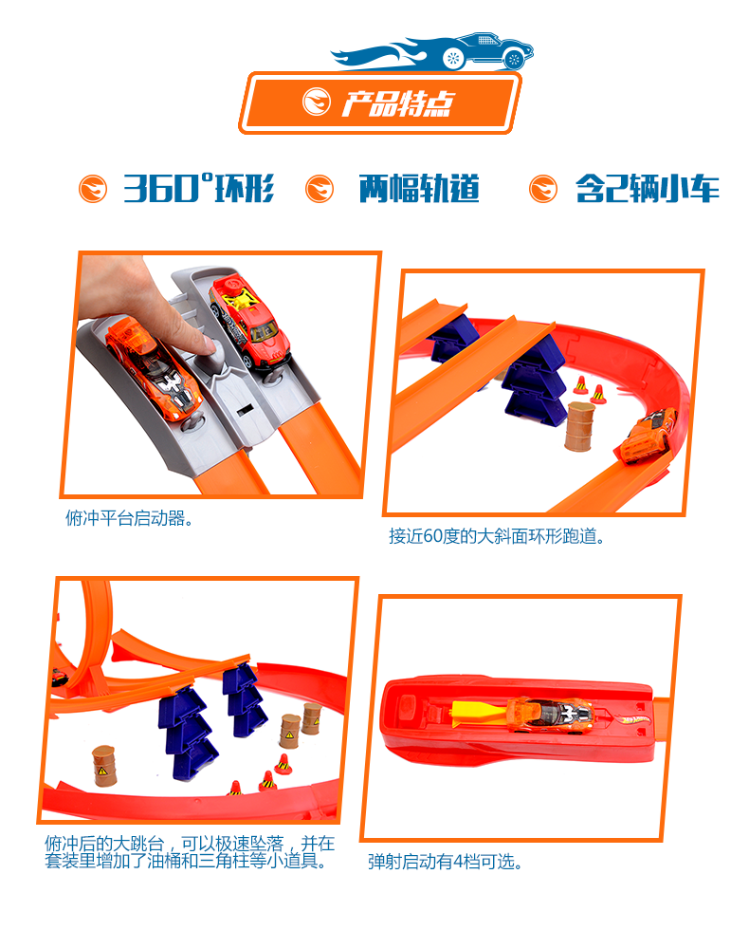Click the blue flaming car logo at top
coord(432,51)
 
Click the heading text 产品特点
coord(397,103)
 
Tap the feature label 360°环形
coord(198,188)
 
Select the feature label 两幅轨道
coord(418,189)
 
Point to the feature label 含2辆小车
coord(647,189)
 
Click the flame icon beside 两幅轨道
coord(320,189)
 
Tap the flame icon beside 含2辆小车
coord(542,189)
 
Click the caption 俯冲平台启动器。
coord(129,518)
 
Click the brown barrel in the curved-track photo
coord(579,426)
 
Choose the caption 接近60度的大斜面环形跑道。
coord(497,536)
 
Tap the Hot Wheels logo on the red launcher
coord(636,719)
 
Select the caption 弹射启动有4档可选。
coord(445,862)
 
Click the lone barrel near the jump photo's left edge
coord(103,766)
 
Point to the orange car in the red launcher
coord(550,713)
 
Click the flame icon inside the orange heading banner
coord(317,102)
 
